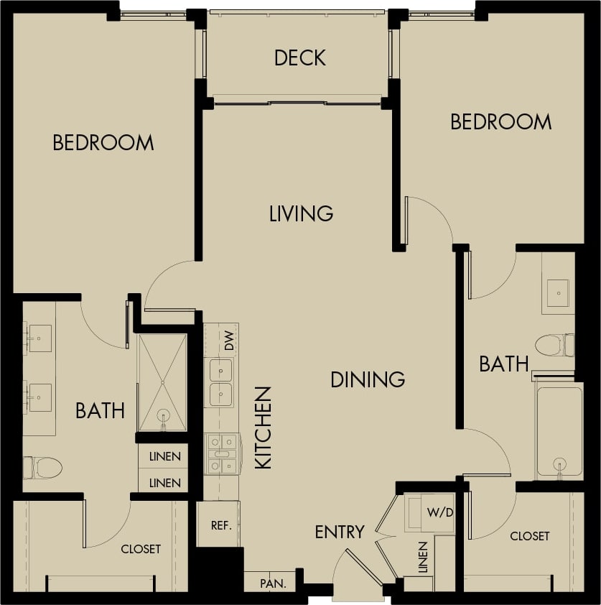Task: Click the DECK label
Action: pos(300,57)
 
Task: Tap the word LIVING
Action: pos(301,213)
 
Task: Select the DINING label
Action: pos(368,379)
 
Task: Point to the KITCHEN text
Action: pos(264,428)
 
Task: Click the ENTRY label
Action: pos(340,532)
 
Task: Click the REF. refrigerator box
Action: pos(220,525)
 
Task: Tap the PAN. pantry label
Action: pos(273,583)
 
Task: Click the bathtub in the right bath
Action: pos(559,431)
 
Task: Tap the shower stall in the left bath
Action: pos(162,382)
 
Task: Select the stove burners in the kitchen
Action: pos(223,454)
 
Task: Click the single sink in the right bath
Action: pos(558,292)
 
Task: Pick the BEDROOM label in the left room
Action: pos(103,143)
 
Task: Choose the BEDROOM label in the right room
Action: pos(500,122)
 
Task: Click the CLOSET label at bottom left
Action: pos(141,549)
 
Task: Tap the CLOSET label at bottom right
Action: pos(530,536)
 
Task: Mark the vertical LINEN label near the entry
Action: pos(423,558)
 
